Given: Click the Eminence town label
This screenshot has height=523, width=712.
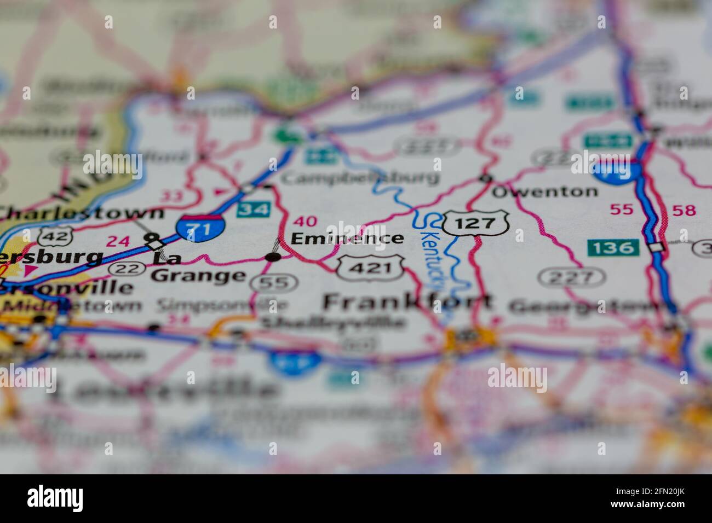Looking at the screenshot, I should point(347,239).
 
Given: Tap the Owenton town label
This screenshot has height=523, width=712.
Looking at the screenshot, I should point(544,191).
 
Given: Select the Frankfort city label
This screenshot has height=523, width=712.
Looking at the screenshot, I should point(407,301).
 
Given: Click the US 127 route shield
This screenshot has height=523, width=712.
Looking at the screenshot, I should point(475,223).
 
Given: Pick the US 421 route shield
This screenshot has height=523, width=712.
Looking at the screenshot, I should point(370,268).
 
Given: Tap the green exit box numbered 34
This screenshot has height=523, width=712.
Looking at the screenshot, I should point(254,210).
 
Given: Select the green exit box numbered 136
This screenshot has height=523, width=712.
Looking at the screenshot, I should point(613,248).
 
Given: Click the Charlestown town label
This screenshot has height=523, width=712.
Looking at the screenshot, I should point(82,213).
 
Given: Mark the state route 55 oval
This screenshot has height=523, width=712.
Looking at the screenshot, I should point(274,282).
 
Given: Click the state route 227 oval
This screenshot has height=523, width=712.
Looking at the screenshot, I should point(565,277).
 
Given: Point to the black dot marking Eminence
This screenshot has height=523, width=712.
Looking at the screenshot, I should point(273,257).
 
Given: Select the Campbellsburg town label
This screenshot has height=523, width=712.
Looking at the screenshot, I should point(360,177).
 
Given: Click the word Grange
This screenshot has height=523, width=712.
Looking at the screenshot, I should point(198,276).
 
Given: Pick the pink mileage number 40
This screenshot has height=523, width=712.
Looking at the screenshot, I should point(305,222).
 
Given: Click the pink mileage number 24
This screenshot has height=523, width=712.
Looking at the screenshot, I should point(118,241).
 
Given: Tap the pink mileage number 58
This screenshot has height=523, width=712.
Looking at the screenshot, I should point(684,210).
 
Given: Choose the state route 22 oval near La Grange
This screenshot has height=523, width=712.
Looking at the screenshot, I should point(125,269).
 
